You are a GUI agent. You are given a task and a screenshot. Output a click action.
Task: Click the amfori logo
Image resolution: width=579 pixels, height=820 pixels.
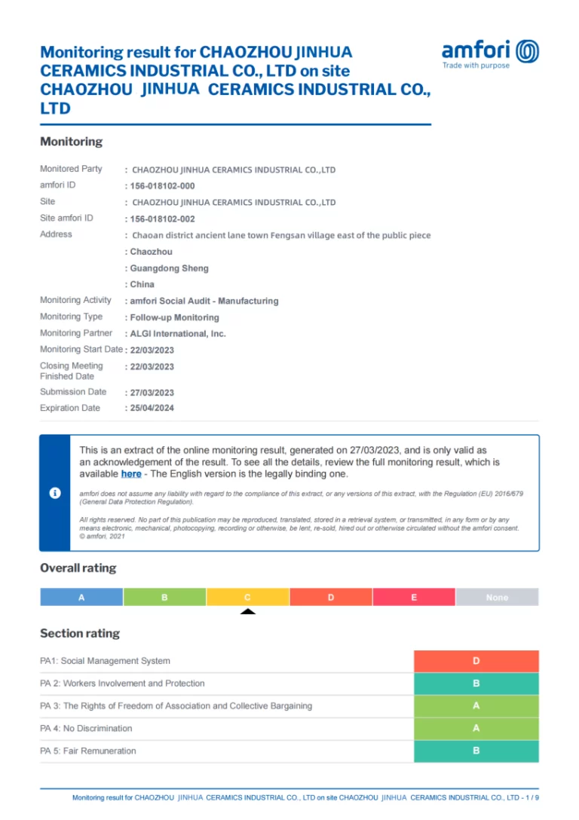point(490,54)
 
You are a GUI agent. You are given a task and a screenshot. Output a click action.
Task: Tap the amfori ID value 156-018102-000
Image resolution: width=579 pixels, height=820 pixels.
point(162,186)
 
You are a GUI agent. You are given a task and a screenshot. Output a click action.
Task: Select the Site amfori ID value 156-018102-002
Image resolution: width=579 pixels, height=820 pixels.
point(162,219)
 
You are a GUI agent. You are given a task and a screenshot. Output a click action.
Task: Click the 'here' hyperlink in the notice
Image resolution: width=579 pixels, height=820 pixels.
point(131,474)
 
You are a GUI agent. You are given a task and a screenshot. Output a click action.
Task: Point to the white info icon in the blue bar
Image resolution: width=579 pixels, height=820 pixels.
point(55,493)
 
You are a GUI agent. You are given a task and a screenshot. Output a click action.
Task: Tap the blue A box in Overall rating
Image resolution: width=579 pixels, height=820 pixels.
point(81,598)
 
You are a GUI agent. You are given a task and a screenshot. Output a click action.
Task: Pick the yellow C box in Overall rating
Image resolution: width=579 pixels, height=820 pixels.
point(247,598)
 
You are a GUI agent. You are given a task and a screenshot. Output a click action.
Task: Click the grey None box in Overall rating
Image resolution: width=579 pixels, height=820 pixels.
point(497,598)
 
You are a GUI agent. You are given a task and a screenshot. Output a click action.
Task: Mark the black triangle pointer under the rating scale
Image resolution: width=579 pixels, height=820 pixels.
point(247,611)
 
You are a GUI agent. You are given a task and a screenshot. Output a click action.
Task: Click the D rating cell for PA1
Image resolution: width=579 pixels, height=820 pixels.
point(476,661)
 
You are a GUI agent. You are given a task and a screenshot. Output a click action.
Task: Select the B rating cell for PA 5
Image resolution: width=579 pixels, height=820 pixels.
point(476,751)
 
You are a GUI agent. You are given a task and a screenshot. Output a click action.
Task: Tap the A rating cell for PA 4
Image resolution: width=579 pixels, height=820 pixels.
point(476,729)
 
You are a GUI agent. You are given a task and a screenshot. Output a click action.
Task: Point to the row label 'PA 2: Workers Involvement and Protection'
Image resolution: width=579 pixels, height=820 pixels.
point(122,684)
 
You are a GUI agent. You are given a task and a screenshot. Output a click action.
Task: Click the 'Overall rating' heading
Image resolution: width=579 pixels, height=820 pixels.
point(78,568)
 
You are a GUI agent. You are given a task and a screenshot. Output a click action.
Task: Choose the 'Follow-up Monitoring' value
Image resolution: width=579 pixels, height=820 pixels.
point(174,318)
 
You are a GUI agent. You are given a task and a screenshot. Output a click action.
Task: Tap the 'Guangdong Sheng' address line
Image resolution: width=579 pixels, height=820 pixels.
point(169,268)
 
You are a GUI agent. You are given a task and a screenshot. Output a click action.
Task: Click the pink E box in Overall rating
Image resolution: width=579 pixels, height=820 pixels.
point(414,598)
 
